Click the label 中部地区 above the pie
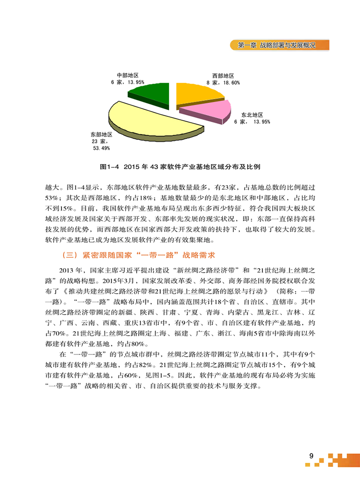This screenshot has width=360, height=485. tap(127, 75)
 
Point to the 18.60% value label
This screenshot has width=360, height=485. tap(230, 82)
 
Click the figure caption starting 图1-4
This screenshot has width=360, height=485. tap(180, 167)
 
